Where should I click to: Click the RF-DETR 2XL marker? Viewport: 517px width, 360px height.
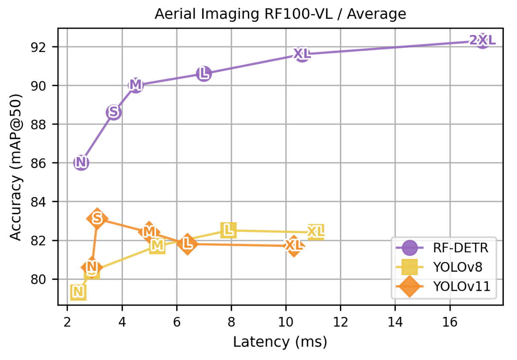coord(482,41)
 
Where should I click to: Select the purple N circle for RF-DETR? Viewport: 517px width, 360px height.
coord(81,163)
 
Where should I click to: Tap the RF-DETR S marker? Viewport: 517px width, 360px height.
coord(113,112)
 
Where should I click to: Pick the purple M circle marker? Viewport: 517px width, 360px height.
coord(135,85)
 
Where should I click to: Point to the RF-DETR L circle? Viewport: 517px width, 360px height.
coord(204,74)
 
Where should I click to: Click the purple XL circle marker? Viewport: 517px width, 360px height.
coord(302,54)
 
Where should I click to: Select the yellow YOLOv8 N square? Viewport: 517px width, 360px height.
coord(78,292)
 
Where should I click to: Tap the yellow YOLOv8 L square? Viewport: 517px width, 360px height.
coord(229,230)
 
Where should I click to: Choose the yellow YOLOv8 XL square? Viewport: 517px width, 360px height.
coord(316,232)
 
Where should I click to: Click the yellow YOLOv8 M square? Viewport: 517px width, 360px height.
coord(157,246)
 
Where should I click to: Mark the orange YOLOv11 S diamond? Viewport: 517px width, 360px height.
coord(97,218)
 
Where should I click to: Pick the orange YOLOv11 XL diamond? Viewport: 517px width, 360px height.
coord(294,246)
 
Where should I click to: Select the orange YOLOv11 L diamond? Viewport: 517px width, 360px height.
coord(187,244)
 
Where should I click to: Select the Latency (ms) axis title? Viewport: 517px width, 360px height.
coord(280,342)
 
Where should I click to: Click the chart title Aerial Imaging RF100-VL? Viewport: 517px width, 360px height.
coord(280,14)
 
